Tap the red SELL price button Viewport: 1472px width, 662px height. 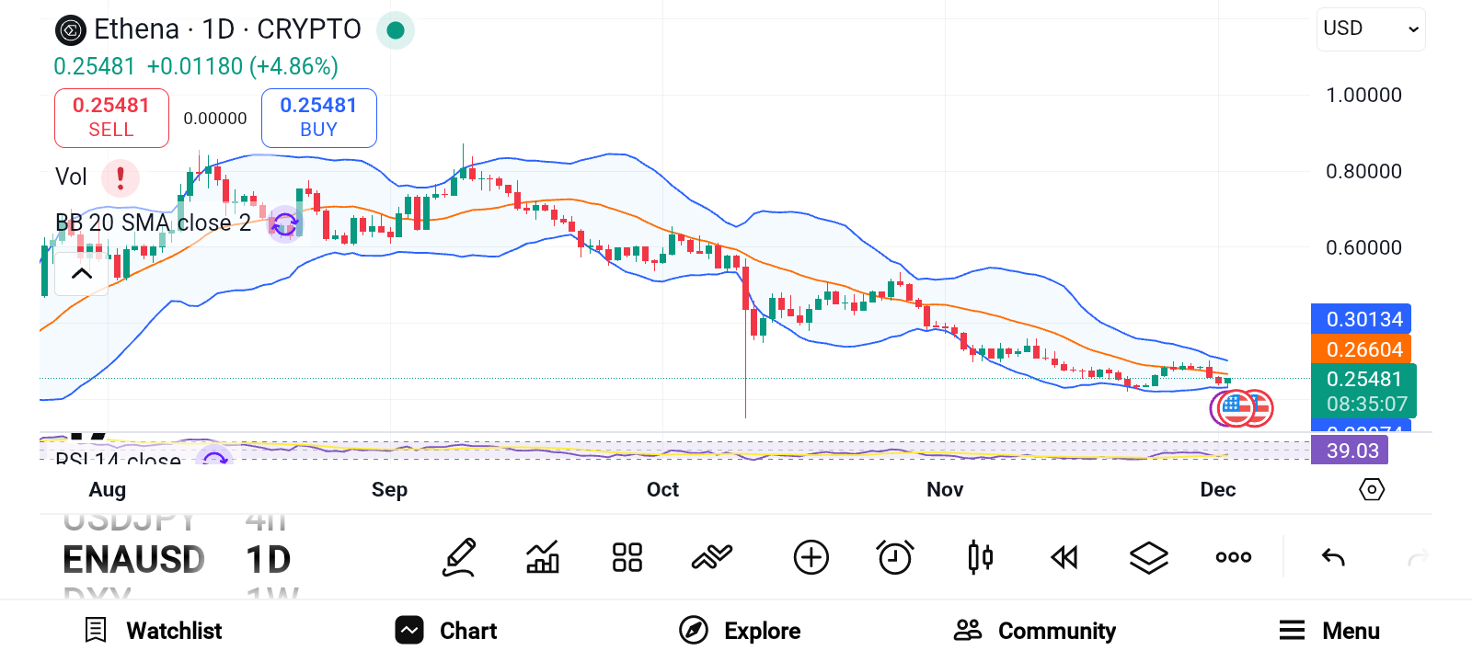(x=111, y=118)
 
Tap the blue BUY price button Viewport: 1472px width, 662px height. (x=318, y=118)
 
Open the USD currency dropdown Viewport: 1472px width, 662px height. (x=1370, y=29)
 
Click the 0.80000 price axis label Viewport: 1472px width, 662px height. (x=1363, y=171)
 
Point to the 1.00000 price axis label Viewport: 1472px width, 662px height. (x=1363, y=95)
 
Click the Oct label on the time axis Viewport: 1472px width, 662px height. (x=662, y=489)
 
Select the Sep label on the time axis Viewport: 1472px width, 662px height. (x=389, y=489)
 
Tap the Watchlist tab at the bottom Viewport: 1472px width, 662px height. (x=154, y=631)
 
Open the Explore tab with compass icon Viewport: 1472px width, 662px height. (x=740, y=631)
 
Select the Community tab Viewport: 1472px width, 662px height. (x=1035, y=631)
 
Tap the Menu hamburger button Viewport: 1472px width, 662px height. (x=1328, y=631)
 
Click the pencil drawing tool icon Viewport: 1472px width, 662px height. (x=459, y=557)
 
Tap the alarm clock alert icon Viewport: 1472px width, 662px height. (x=894, y=557)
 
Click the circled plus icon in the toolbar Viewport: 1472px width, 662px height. (x=811, y=557)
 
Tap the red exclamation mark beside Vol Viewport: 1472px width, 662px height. (x=120, y=177)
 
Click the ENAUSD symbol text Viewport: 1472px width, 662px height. (x=133, y=559)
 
